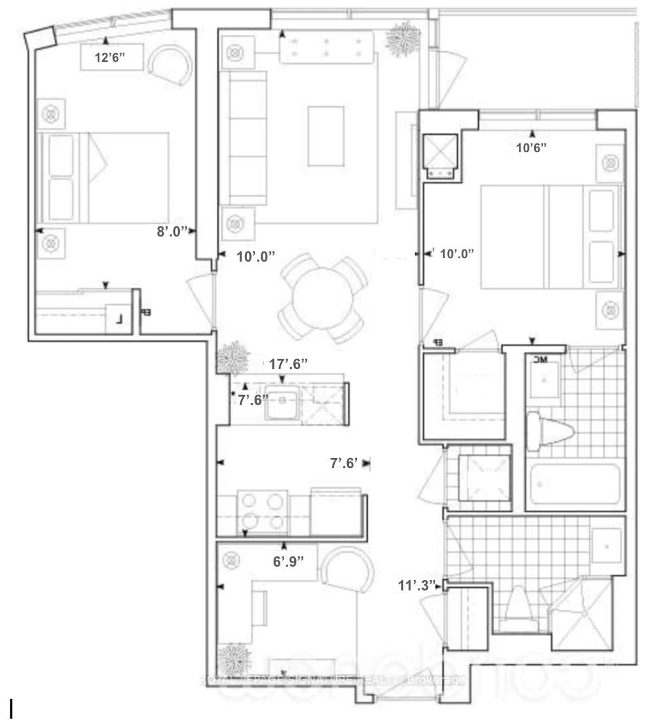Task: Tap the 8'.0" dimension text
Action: click(172, 231)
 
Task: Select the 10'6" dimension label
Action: click(531, 148)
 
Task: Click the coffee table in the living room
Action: click(326, 136)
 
